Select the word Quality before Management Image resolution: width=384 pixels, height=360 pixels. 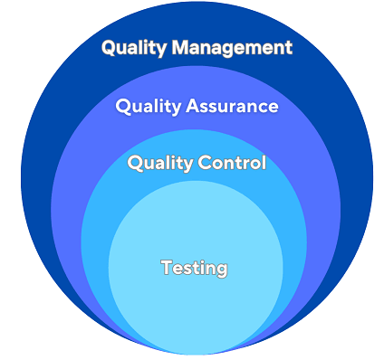(133, 48)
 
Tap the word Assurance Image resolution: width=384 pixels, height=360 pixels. (231, 106)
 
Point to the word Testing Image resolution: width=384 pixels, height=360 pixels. (194, 268)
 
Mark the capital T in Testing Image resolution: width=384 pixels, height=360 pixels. (166, 267)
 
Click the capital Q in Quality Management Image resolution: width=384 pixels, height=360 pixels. (109, 48)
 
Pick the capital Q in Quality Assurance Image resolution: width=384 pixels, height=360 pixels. (123, 106)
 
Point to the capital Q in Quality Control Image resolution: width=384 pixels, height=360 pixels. (136, 163)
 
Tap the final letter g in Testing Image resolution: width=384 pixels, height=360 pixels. (221, 270)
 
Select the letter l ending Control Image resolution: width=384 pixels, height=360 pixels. (264, 163)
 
